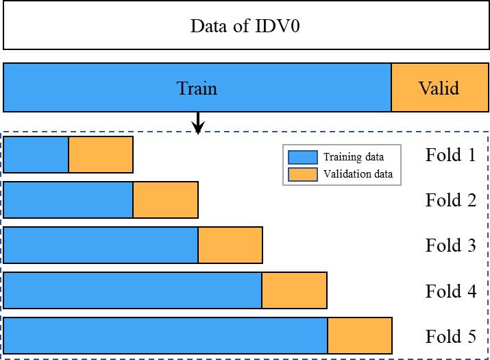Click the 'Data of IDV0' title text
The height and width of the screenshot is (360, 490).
[245, 27]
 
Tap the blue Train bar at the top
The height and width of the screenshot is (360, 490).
[197, 88]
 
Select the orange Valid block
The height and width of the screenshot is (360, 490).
[439, 88]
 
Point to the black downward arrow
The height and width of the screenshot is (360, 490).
[198, 123]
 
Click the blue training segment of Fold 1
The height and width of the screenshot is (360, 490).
[36, 154]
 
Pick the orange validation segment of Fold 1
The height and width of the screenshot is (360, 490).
[101, 154]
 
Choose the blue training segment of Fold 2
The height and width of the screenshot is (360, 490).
[69, 200]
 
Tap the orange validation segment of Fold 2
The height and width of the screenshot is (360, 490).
[165, 200]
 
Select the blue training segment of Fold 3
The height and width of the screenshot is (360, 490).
[101, 245]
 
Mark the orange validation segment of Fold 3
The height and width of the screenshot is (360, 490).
[230, 245]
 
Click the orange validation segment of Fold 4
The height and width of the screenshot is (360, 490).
[294, 290]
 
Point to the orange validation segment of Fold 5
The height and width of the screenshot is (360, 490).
[359, 336]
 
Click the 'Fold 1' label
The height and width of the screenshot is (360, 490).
[450, 155]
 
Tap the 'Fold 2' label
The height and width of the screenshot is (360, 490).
[450, 200]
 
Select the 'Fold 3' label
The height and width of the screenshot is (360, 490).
[450, 245]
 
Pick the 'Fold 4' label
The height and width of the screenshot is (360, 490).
[450, 291]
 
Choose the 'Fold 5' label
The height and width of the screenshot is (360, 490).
[450, 337]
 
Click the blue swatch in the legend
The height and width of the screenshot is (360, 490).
[303, 157]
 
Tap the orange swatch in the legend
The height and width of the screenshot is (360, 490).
[303, 174]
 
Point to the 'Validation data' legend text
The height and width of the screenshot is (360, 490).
[358, 174]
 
